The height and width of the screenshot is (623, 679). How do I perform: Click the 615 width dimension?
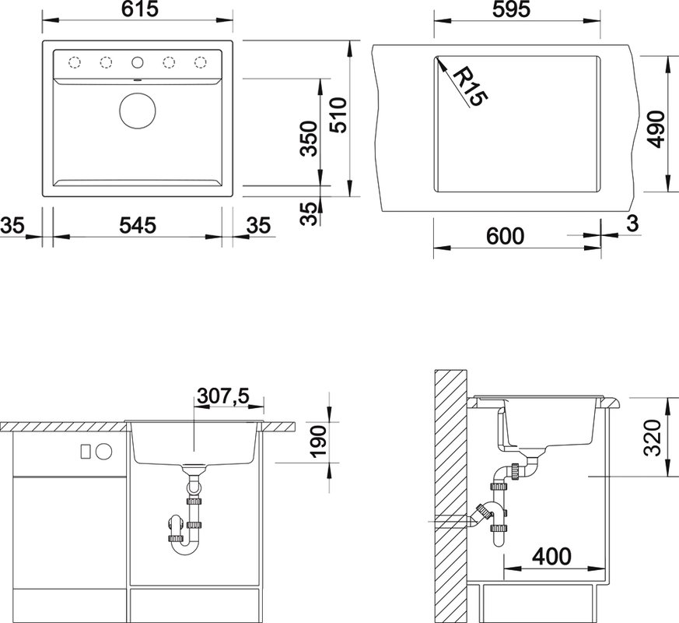point(140,9)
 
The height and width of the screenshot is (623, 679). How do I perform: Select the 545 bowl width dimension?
point(137,226)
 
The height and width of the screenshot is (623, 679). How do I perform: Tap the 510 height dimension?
point(338,115)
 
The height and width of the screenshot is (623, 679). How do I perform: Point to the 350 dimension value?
point(310,139)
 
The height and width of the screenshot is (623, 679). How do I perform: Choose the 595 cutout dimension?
point(511,9)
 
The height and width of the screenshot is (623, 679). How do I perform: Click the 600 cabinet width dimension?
point(505,236)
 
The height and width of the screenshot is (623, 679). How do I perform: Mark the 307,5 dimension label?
point(224,396)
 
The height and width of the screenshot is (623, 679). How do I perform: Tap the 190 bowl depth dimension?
point(319,442)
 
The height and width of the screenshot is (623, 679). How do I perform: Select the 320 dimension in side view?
point(653,438)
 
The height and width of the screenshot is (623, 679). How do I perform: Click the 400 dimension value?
point(551,556)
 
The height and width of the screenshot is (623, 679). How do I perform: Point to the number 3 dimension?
point(632,224)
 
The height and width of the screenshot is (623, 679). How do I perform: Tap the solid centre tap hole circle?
point(137,62)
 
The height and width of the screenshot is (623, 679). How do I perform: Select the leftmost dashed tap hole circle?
point(75,62)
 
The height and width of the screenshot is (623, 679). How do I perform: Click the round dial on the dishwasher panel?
point(104,452)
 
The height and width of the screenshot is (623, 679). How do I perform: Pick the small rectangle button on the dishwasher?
point(86,452)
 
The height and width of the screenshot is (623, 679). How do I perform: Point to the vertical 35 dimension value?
point(310,213)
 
